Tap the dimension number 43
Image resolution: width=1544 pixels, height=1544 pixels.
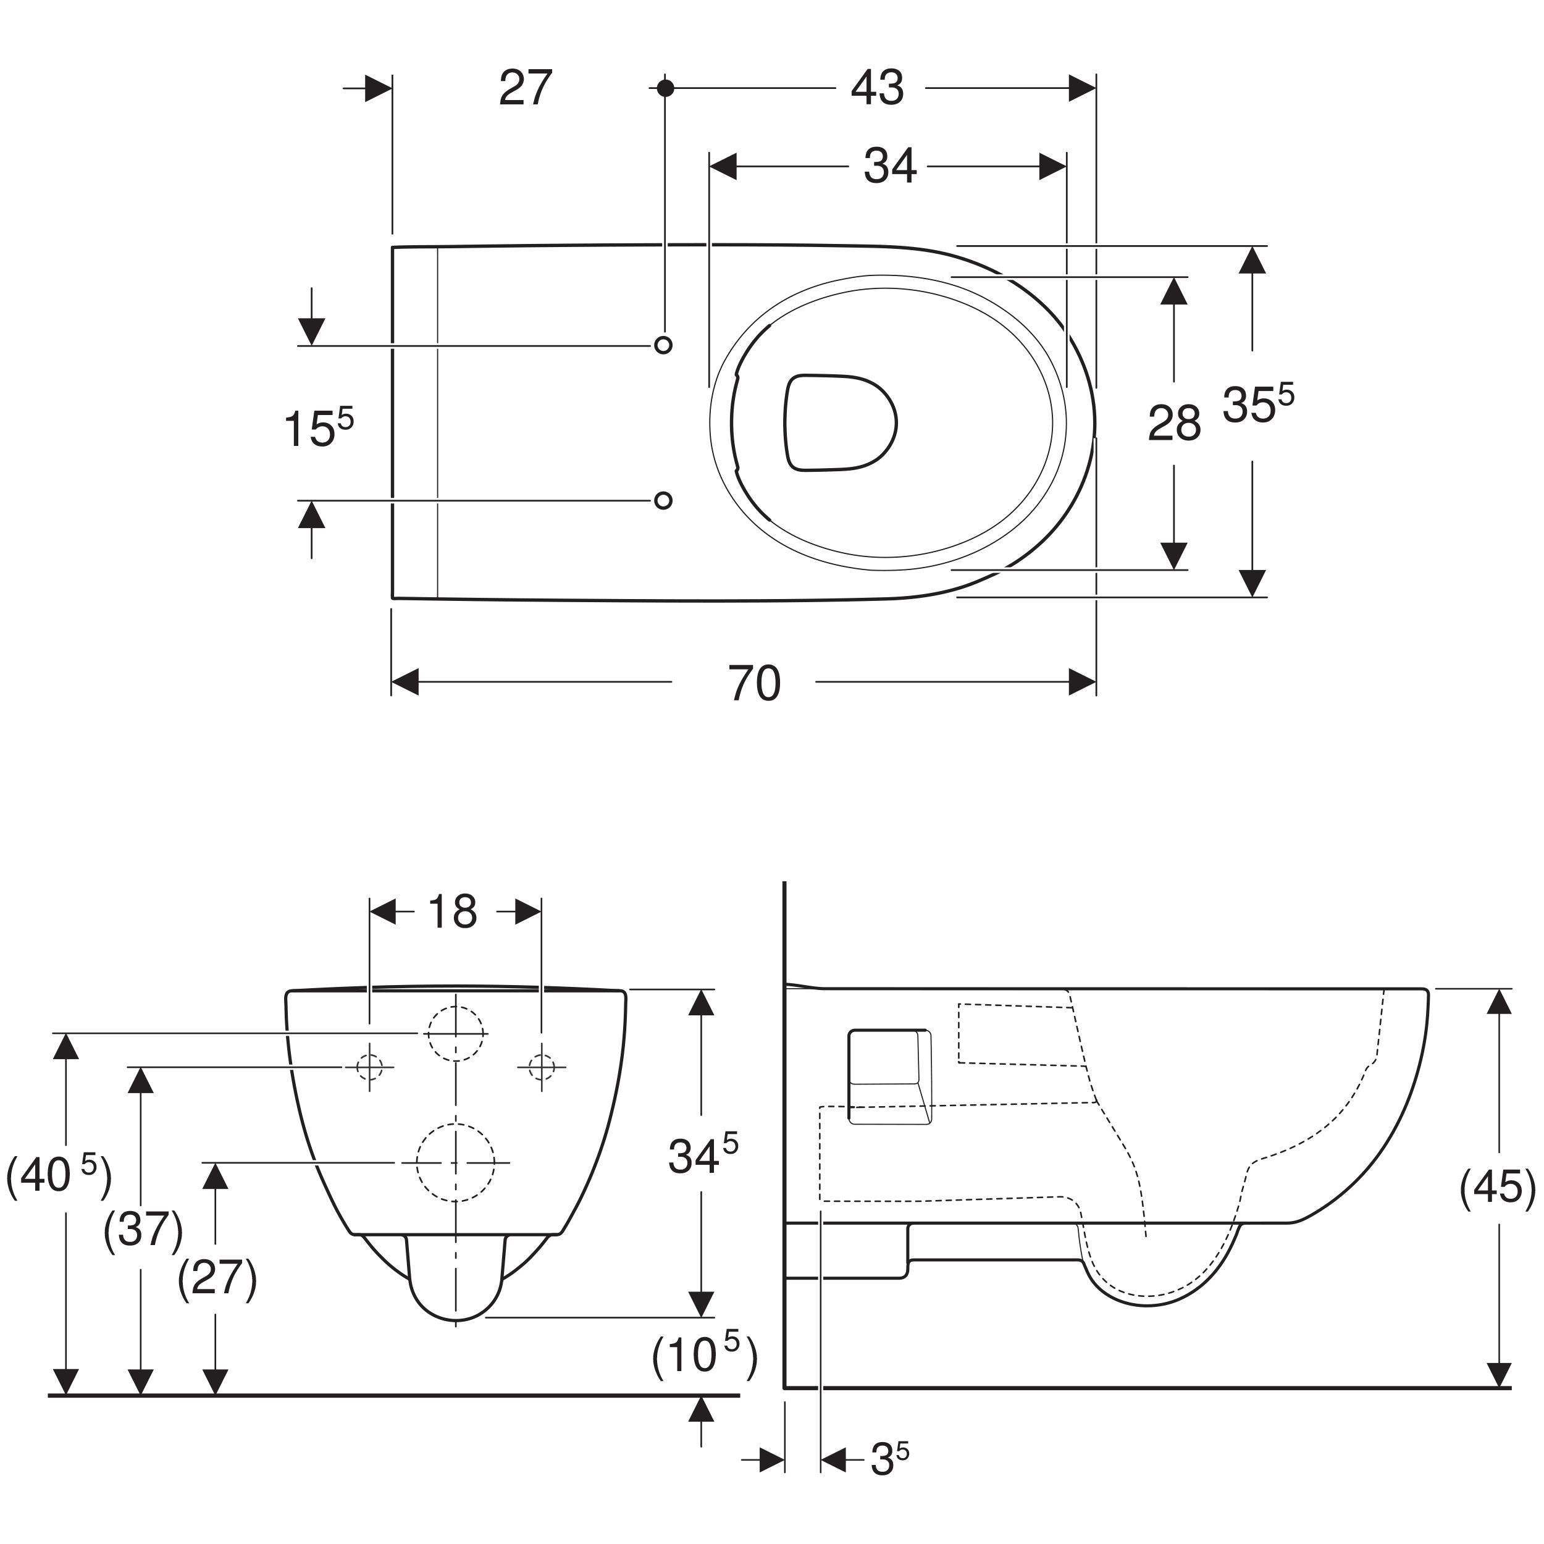point(877,87)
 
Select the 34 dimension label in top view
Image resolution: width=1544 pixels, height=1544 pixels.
point(889,166)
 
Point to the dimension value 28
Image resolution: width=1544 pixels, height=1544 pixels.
point(1174,423)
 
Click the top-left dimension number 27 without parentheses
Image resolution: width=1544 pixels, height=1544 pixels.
point(525,87)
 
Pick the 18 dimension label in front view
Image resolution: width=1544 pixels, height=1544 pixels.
point(452,911)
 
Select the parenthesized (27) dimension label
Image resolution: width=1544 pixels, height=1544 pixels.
point(217,1277)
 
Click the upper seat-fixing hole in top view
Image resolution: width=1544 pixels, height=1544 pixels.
point(663,345)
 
